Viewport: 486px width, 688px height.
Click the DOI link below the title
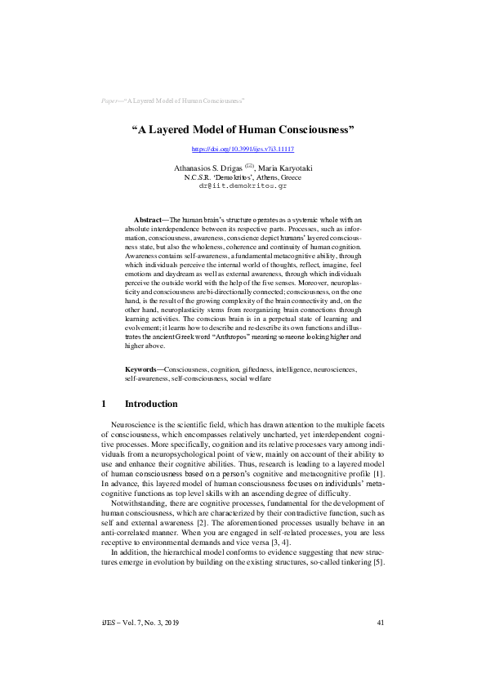click(x=243, y=150)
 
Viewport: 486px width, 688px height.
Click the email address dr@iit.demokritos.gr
click(x=243, y=185)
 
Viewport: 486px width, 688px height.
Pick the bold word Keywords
click(x=142, y=370)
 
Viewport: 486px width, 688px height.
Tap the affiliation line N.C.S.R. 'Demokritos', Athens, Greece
click(x=243, y=176)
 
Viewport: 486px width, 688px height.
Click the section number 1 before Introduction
click(x=105, y=404)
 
